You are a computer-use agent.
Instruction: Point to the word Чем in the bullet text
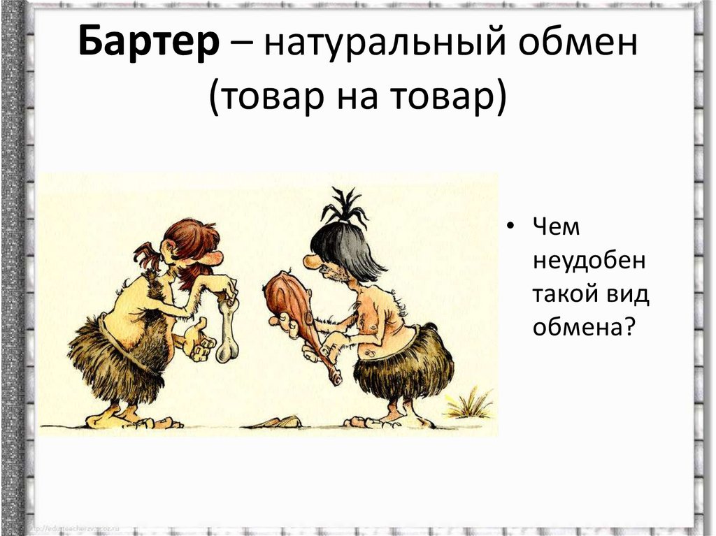[557, 228]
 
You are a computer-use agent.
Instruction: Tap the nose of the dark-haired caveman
[310, 262]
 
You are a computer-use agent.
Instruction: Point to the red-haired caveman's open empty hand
[199, 339]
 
